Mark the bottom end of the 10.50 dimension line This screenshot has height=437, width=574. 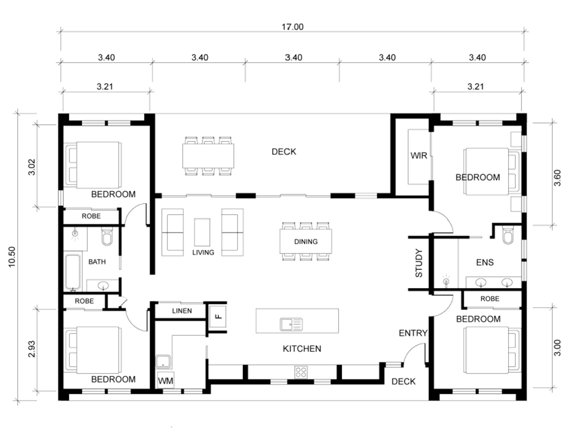[x=18, y=401]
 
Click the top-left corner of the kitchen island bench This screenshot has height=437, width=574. [x=256, y=309]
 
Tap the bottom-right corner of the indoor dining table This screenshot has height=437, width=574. [x=332, y=254]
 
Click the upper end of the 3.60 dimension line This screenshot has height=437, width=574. [x=552, y=123]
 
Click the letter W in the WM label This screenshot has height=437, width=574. [x=162, y=381]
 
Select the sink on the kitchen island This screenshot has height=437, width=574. [x=291, y=324]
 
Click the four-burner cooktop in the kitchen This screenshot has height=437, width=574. [x=301, y=372]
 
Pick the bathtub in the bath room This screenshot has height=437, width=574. [x=73, y=272]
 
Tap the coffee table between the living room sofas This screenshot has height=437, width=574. [x=202, y=232]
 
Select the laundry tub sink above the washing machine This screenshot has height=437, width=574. [x=163, y=361]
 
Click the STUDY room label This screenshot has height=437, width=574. [x=418, y=263]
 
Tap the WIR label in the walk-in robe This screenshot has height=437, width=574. [x=419, y=155]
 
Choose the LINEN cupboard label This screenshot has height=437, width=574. [x=182, y=311]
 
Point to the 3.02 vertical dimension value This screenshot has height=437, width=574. [x=32, y=167]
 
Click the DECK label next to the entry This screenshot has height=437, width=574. [x=403, y=382]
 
